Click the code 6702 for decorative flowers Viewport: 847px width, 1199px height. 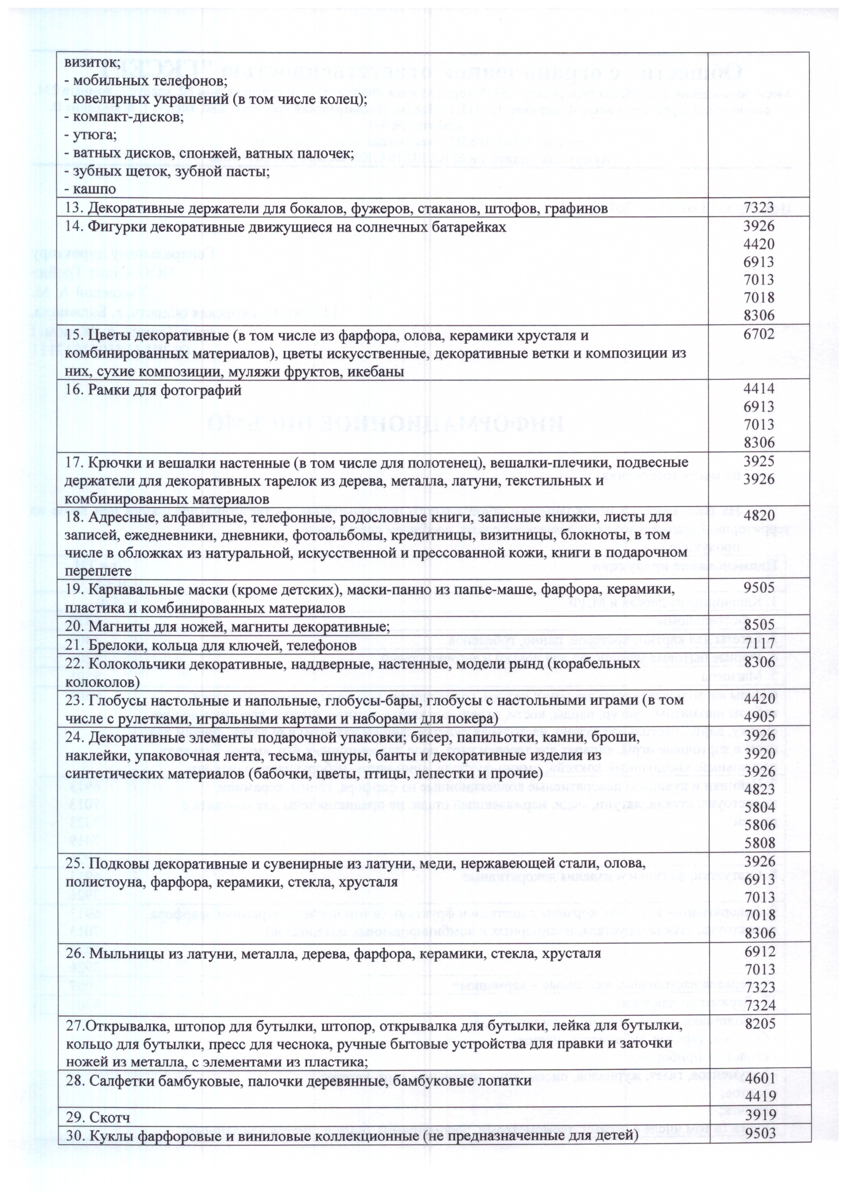coord(759,335)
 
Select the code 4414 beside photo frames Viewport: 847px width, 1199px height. coord(759,388)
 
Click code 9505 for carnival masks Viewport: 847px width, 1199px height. coord(759,589)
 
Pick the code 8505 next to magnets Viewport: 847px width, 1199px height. coord(759,625)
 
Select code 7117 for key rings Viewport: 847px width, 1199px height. coord(759,645)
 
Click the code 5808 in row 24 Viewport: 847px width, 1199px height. coord(759,842)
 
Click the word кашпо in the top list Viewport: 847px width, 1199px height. coord(95,189)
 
